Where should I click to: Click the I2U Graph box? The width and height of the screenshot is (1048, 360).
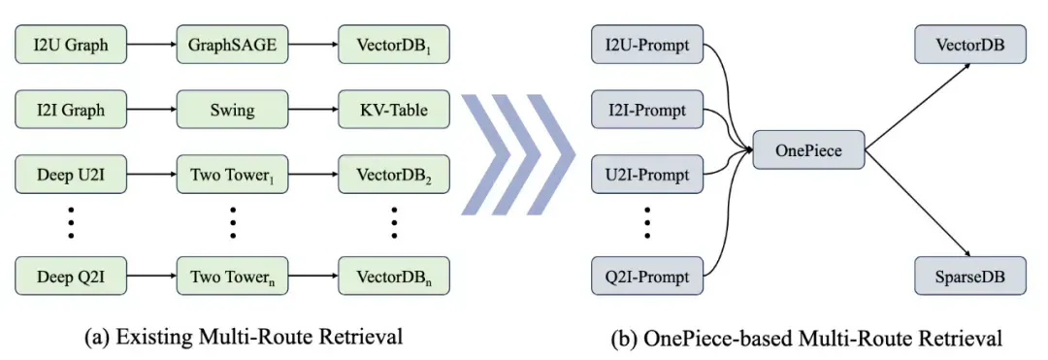71,45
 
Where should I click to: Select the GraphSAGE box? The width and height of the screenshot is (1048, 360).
233,45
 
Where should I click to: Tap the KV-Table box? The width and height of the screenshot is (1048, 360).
394,110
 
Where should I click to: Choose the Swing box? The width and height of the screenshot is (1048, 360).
233,110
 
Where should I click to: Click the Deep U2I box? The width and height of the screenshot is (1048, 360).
71,175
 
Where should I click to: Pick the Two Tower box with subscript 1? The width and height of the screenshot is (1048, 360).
233,175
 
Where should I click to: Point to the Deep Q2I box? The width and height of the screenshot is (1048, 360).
71,276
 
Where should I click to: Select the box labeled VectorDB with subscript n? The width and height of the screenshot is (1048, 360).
394,276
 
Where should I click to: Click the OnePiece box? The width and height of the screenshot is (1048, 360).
808,149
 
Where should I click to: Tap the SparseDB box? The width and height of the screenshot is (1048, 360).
970,276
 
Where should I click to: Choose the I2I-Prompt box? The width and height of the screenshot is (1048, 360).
647,110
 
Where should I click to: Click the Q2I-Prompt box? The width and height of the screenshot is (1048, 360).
647,276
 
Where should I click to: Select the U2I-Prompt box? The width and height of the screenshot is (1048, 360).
647,175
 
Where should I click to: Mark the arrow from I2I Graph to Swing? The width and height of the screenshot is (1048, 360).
151,110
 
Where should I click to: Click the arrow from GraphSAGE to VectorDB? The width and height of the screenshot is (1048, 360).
313,45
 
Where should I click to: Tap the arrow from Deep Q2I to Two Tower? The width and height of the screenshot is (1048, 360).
151,276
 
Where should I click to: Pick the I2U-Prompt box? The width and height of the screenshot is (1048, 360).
647,45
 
